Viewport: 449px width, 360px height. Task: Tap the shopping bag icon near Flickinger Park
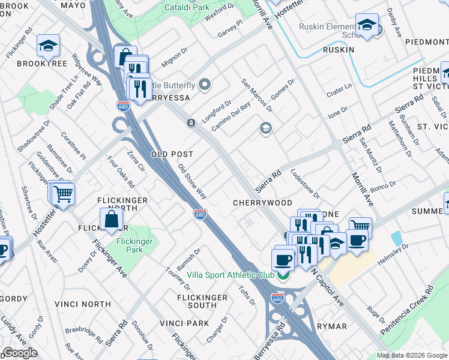112,220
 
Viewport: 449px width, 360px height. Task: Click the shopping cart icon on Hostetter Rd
63,193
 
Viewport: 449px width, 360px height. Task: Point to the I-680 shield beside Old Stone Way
200,214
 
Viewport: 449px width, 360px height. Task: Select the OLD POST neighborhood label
172,154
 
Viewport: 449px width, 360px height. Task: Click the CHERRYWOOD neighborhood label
262,203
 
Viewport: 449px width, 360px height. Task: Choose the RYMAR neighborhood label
331,326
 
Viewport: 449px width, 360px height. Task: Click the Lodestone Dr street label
305,183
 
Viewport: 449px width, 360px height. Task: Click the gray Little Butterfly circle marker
205,85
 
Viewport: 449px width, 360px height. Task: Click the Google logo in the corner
20,353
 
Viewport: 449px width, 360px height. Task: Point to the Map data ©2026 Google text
412,355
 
